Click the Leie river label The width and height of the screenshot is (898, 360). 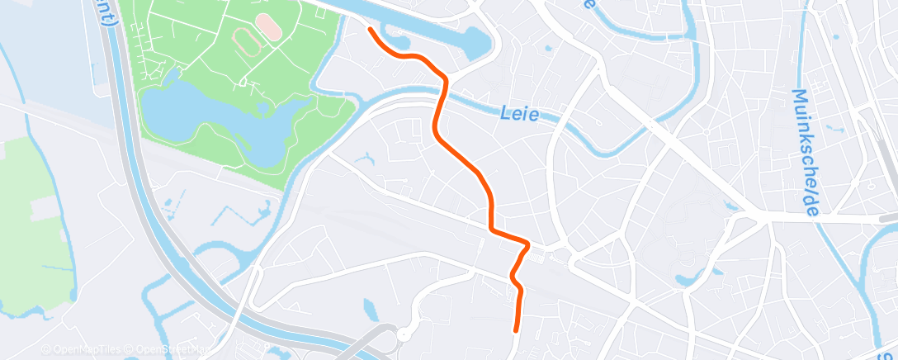[x=520, y=114]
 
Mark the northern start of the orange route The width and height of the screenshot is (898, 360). [x=371, y=30]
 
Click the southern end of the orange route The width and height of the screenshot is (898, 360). [x=517, y=329]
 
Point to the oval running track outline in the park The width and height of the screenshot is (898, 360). [x=245, y=39]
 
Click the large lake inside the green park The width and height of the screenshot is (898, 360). [x=215, y=116]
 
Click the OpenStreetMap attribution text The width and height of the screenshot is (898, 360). [x=169, y=350]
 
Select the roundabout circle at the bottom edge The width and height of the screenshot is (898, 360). [x=404, y=334]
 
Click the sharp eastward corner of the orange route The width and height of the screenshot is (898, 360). [x=527, y=244]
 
